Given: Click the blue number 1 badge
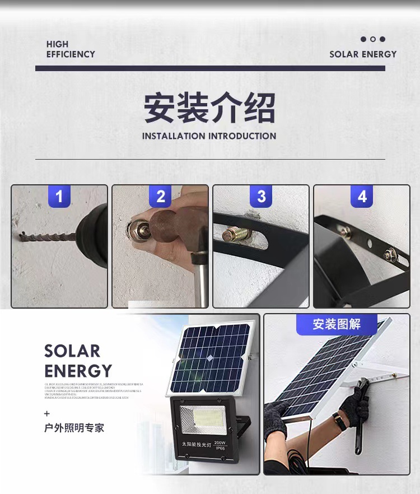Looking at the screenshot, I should click(59, 197).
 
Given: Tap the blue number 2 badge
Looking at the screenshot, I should click(160, 197).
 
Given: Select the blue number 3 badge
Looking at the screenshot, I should click(261, 197).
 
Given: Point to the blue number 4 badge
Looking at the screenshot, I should click(362, 197).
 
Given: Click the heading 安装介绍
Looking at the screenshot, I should click(209, 108).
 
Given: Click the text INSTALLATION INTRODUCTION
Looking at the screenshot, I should click(209, 136).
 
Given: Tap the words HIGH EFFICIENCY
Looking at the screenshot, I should click(71, 49).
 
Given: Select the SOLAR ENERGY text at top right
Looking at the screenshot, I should click(363, 54).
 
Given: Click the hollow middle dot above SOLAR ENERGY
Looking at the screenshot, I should click(373, 39).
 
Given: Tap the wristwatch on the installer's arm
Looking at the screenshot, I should click(339, 421).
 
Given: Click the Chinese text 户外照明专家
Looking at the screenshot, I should click(74, 428).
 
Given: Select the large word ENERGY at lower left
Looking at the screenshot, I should click(78, 371).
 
